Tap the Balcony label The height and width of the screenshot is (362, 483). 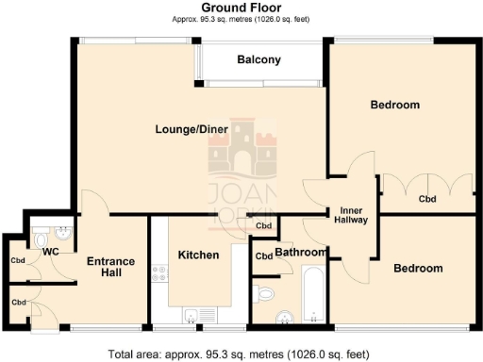point(258,60)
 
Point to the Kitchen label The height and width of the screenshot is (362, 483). point(198,255)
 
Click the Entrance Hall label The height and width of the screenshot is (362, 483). point(111,267)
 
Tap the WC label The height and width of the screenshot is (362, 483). point(50,254)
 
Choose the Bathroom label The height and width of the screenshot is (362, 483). point(300,253)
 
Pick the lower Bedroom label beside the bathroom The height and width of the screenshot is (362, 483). point(417,269)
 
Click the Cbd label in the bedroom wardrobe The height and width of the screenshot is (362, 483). point(427,199)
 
